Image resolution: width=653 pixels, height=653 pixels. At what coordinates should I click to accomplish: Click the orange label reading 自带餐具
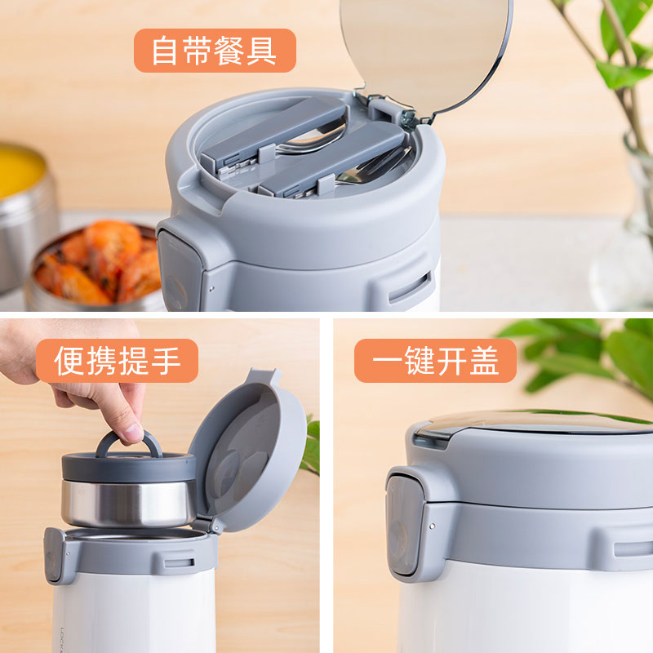pos(215,51)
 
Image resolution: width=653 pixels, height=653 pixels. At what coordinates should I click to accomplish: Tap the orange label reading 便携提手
pos(117,360)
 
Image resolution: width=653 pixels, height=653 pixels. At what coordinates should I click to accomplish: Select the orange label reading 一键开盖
pos(435,360)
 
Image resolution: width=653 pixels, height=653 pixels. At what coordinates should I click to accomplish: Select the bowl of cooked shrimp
pos(95,267)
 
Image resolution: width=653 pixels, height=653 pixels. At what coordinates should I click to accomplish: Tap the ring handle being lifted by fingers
pos(129,444)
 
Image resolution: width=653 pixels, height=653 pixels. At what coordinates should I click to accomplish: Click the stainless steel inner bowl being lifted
pos(128,503)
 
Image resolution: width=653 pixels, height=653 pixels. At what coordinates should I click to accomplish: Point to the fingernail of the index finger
pos(133,433)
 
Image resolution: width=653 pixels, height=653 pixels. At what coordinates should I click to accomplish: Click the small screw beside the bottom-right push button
pos(433,526)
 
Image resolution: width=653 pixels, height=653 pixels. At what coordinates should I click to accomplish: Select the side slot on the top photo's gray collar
pos(410,288)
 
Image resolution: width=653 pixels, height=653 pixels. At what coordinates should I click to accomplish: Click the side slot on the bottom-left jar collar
pos(179,563)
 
